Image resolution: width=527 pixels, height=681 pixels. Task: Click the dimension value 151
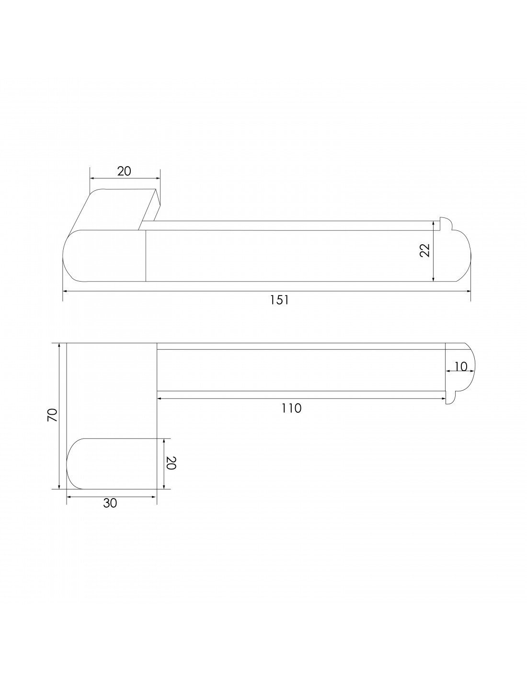coord(279,300)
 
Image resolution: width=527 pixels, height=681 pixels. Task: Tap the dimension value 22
coord(425,250)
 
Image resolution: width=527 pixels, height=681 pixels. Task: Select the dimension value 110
coord(291,408)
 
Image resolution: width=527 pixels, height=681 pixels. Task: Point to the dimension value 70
coord(53,415)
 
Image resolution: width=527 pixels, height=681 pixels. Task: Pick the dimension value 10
coord(461,366)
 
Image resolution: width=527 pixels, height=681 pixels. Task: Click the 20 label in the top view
coord(124,171)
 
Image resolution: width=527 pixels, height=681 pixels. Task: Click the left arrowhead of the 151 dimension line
coord(66,291)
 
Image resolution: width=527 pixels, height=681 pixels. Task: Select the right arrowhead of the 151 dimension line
coord(468,291)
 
